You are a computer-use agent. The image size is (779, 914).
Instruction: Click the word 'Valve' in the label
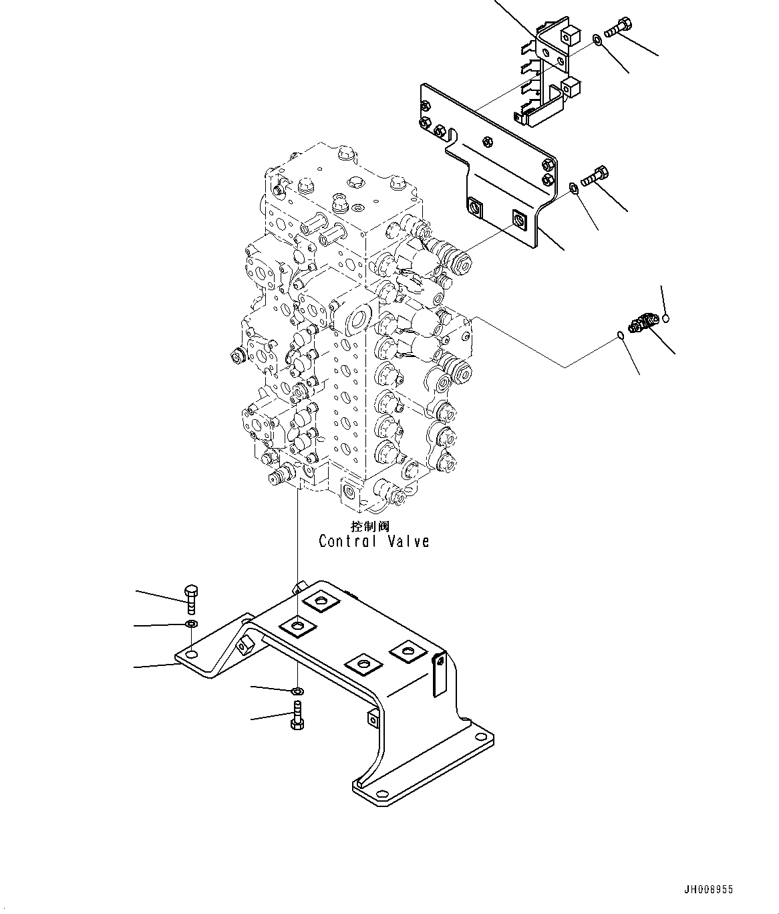pos(408,541)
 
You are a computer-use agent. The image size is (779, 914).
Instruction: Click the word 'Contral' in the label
pos(347,541)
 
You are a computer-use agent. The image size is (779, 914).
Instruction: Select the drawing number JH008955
pos(709,890)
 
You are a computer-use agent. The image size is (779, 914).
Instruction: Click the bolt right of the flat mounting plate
pos(594,177)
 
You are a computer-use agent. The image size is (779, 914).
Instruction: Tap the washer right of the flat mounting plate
pos(574,187)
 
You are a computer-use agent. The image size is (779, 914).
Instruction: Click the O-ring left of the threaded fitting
pos(621,336)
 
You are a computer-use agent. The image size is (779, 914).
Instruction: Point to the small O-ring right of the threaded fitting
pos(666,318)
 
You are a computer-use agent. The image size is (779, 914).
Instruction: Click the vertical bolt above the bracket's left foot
pos(190,598)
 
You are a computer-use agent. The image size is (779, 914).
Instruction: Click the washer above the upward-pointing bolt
pos(297,690)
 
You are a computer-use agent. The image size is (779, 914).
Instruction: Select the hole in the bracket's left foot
pos(191,653)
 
